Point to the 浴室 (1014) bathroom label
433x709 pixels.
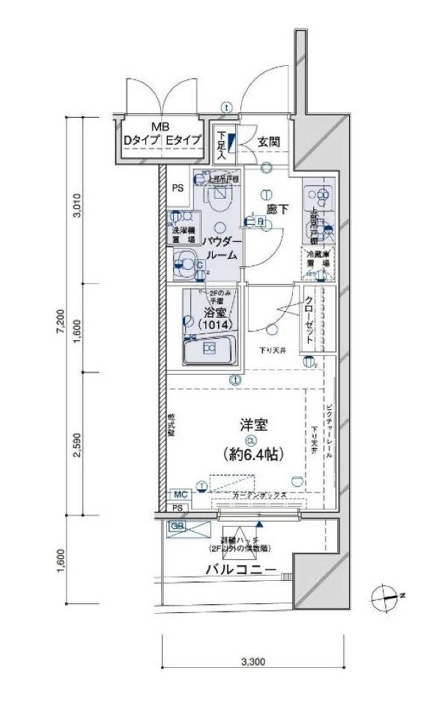coord(214,319)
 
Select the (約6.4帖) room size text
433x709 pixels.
coord(252,454)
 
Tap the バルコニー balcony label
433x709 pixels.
coord(240,570)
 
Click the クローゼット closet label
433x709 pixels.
coord(309,320)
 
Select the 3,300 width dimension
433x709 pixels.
coord(252,662)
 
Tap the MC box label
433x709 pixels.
coord(180,494)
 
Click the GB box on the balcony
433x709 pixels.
coord(177,526)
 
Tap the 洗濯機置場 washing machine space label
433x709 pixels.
coord(180,232)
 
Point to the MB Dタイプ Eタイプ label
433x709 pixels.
coord(161,134)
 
